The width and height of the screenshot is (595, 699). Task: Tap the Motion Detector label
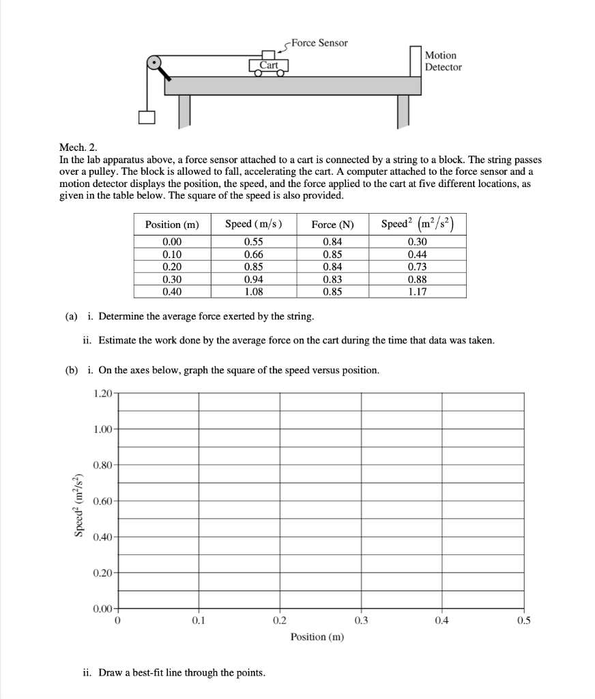443,61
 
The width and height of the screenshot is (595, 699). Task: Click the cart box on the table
269,66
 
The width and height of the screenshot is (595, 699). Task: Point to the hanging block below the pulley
147,117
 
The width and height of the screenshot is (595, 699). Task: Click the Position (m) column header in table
172,225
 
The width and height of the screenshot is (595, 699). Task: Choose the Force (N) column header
332,225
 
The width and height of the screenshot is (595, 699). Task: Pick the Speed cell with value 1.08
254,291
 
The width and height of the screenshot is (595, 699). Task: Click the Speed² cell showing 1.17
417,291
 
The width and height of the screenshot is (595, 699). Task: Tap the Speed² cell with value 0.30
417,242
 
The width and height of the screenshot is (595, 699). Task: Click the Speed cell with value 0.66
254,254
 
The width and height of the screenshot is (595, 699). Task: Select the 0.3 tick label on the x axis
361,620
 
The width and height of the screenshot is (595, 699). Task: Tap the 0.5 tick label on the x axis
523,620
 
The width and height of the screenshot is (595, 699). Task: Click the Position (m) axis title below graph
317,637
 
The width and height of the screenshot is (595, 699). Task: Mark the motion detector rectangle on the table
416,61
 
